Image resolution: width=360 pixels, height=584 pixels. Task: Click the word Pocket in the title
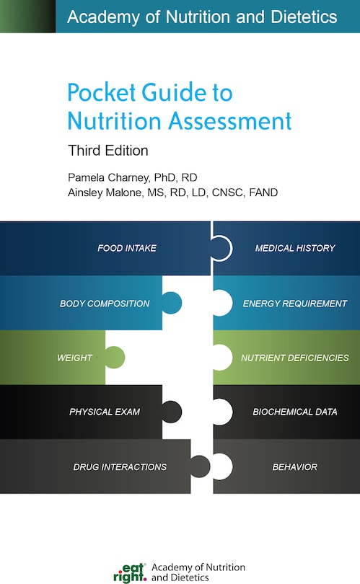[x=102, y=92]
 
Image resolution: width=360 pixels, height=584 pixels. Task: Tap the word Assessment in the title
[x=230, y=121]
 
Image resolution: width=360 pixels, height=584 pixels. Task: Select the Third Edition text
[x=108, y=151]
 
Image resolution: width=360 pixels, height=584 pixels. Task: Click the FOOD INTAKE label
[x=127, y=248]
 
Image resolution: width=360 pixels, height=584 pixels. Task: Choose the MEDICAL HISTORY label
[x=295, y=248]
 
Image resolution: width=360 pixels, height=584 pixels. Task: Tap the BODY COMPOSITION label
[x=105, y=304]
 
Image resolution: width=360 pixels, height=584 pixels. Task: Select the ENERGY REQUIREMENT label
[x=295, y=304]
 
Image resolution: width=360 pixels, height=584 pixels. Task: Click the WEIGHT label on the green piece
[x=74, y=358]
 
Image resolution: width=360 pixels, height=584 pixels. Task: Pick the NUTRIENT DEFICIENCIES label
[x=295, y=358]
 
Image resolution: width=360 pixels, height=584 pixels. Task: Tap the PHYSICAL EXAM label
[x=105, y=412]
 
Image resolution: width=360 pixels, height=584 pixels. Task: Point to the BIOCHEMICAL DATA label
[x=295, y=412]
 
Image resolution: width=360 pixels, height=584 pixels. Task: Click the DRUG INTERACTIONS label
[x=120, y=467]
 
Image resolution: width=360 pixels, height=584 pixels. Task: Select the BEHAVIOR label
[x=295, y=467]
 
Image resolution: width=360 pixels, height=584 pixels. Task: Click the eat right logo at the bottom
[x=130, y=573]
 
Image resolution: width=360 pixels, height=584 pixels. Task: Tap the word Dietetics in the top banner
[x=304, y=17]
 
